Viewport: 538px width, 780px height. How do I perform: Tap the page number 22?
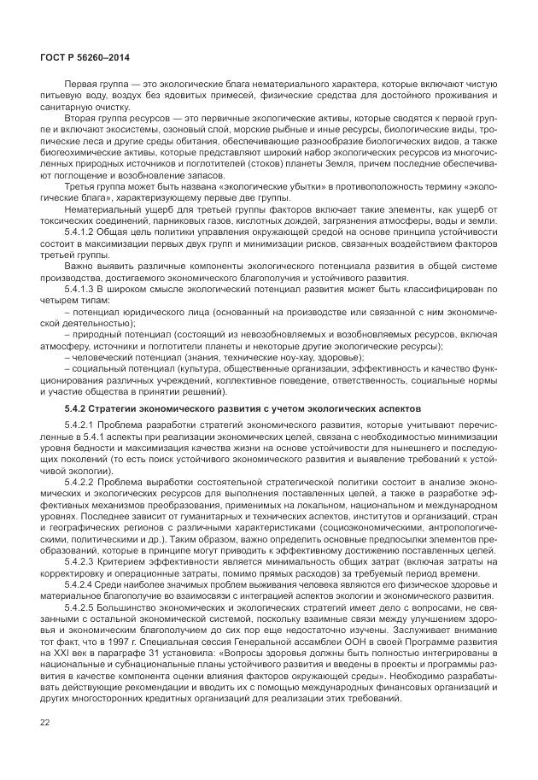(45, 723)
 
